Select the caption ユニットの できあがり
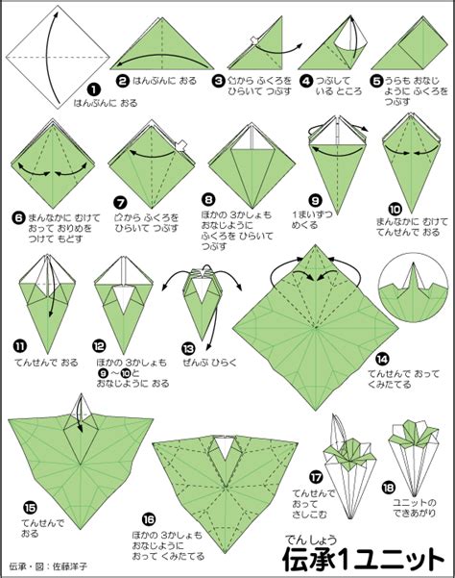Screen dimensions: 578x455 click(x=417, y=507)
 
